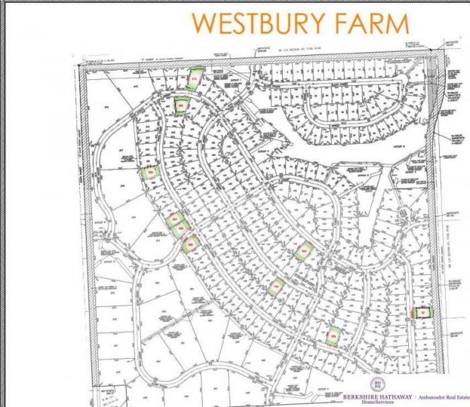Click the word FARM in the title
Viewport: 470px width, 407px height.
(x=376, y=23)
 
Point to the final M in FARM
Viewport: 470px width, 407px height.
(x=398, y=23)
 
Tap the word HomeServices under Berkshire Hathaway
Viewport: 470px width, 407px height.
(x=378, y=403)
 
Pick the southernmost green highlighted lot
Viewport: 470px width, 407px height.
(x=333, y=336)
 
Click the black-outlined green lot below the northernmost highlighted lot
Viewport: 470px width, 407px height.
(x=181, y=105)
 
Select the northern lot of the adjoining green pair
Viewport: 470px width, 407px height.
(x=174, y=220)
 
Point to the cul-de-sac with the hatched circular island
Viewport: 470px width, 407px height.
(x=404, y=213)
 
